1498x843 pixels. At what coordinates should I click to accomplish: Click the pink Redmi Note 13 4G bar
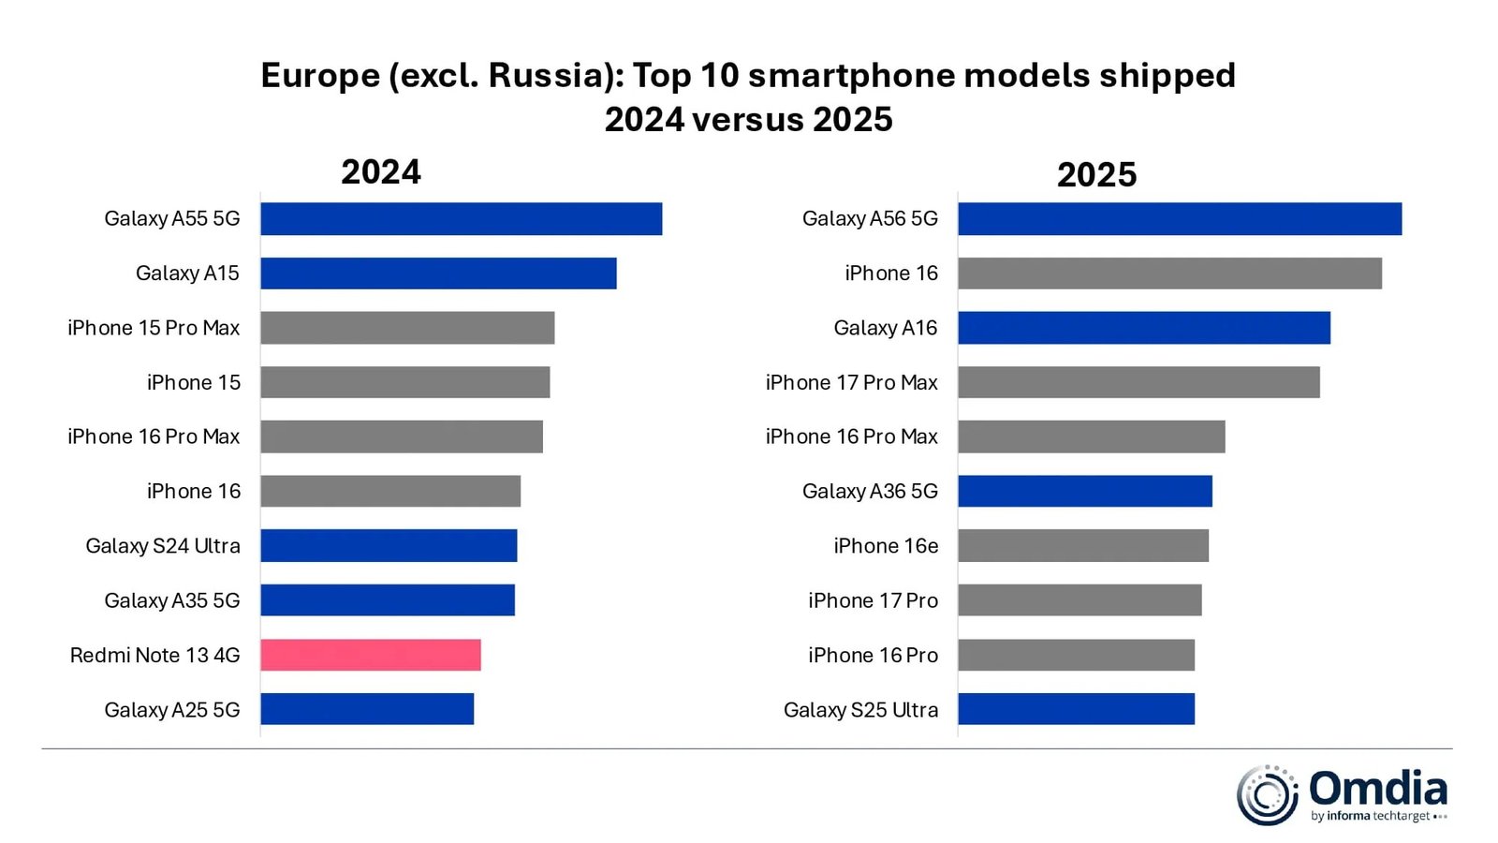click(371, 655)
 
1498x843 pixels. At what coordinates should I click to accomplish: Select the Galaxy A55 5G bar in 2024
click(461, 218)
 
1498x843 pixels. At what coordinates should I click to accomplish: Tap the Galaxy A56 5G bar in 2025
click(1180, 218)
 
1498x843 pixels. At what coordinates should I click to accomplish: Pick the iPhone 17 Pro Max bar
click(1138, 382)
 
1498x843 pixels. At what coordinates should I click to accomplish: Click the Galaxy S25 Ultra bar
click(1076, 709)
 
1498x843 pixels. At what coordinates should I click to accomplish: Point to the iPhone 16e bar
click(1083, 546)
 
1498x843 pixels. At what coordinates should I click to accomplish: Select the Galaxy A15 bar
click(438, 273)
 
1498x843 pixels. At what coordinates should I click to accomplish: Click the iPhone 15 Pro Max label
click(154, 328)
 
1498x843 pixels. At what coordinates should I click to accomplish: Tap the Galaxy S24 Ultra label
click(163, 546)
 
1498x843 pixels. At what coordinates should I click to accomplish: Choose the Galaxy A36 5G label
click(870, 492)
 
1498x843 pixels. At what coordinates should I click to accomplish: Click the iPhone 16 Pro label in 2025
click(873, 656)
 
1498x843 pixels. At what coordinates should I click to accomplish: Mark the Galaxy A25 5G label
click(172, 710)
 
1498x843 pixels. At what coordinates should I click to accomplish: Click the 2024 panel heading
click(381, 172)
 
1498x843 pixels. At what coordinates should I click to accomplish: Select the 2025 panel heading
click(1096, 175)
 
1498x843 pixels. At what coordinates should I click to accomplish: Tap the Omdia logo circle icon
click(1267, 795)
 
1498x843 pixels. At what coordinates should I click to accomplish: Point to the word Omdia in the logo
click(1377, 788)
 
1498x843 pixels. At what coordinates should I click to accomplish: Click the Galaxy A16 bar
click(1144, 328)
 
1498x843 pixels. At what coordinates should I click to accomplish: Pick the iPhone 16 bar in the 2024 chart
click(390, 491)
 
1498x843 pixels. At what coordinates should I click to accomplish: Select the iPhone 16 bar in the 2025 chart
click(1169, 273)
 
